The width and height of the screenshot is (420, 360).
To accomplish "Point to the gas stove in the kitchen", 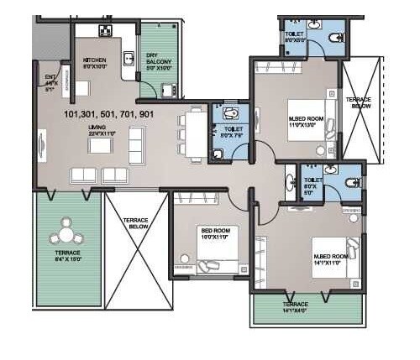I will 106,32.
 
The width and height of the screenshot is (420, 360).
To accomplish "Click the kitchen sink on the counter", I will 129,60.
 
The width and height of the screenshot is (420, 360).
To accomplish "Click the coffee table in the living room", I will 100,145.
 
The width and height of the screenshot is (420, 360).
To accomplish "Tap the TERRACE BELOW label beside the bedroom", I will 136,223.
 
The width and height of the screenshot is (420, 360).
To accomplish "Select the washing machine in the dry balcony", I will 167,91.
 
